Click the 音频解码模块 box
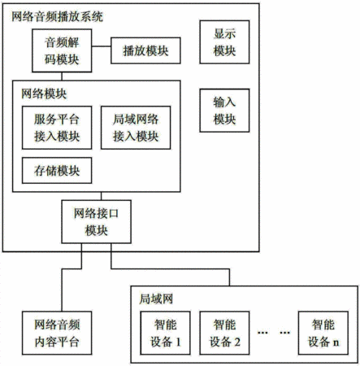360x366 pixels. coord(62,50)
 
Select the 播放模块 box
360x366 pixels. coord(145,50)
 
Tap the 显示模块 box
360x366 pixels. coord(224,42)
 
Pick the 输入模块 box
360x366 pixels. coord(224,111)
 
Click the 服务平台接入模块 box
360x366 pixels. coord(57,128)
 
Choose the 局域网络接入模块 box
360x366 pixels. coord(136,128)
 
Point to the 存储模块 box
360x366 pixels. coord(57,171)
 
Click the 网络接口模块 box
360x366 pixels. coord(97,222)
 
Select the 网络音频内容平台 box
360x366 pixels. coord(57,333)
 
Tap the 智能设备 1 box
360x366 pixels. coord(165,333)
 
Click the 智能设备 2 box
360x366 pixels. coord(224,333)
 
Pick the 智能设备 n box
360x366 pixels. coord(323,333)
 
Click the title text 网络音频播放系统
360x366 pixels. coord(57,16)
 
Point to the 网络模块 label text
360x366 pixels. coord(44,94)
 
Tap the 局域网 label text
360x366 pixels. coord(156,299)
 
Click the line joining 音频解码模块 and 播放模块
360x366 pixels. coord(102,46)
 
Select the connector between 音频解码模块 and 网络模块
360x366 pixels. coord(62,76)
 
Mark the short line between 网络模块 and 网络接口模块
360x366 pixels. coord(102,196)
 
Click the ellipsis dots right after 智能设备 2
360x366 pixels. coord(262,333)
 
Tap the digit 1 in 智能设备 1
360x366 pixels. coord(178,342)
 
